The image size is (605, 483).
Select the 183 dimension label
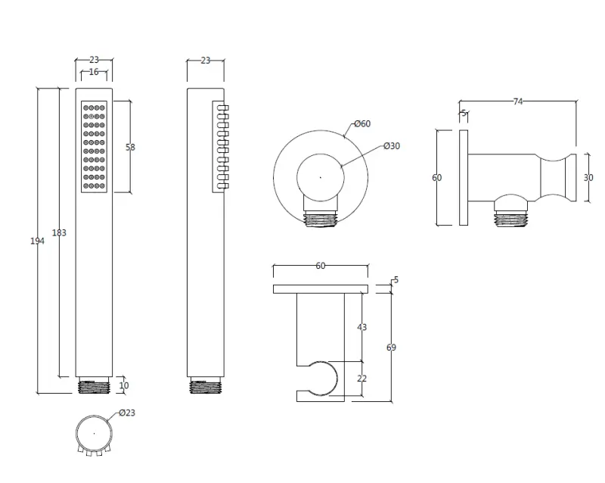(59, 233)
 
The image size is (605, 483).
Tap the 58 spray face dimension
(130, 148)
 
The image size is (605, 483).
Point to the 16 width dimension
(94, 71)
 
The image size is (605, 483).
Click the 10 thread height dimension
(124, 385)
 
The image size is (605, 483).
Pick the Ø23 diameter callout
(126, 413)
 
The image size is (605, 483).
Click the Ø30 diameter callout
(391, 146)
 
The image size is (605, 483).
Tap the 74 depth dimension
(518, 102)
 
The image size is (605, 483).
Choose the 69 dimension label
(390, 347)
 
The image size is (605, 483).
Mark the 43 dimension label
(361, 327)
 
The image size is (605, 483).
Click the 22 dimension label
(361, 378)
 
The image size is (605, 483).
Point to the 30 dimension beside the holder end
(588, 177)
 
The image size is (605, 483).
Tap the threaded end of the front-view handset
(95, 385)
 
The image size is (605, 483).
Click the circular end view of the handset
(94, 433)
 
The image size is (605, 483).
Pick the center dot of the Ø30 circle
(320, 178)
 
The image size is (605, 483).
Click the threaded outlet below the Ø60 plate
(320, 220)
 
